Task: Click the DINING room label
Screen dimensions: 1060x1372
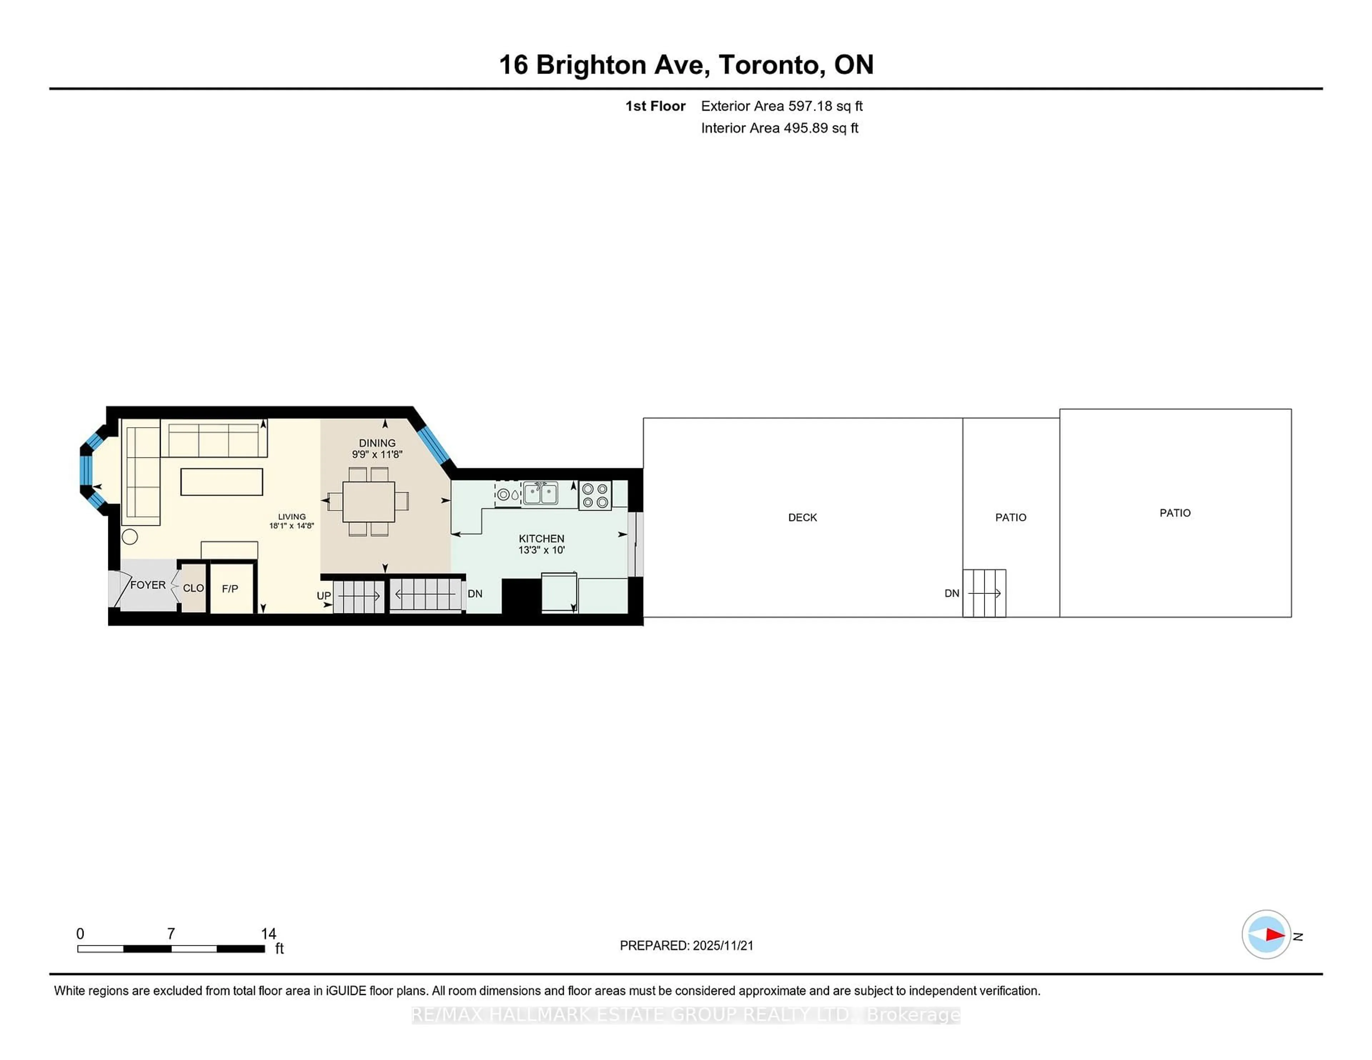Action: click(x=377, y=443)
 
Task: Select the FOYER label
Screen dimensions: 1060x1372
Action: click(x=148, y=585)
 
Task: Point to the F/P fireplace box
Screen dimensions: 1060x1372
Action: click(x=230, y=589)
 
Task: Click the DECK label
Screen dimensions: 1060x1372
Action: click(x=802, y=517)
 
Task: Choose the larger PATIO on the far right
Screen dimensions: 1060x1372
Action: click(x=1175, y=513)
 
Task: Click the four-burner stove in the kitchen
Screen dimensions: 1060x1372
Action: click(x=595, y=495)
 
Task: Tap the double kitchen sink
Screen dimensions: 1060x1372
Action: click(x=540, y=494)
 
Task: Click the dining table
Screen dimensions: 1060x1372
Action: click(x=369, y=502)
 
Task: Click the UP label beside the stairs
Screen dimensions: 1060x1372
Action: click(x=323, y=595)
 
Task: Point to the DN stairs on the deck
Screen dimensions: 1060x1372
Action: click(x=984, y=594)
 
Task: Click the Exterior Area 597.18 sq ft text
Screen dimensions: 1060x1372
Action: click(x=781, y=106)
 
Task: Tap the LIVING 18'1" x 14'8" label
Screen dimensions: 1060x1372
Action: click(x=292, y=521)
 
